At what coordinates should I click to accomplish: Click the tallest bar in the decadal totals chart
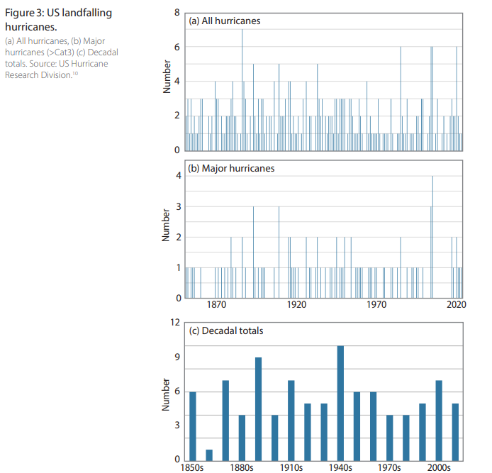(x=340, y=404)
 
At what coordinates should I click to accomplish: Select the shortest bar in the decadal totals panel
(x=209, y=455)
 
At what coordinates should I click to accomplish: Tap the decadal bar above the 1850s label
(x=193, y=426)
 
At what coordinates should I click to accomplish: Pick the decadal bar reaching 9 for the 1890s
(x=258, y=409)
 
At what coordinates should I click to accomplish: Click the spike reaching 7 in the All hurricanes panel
(x=242, y=90)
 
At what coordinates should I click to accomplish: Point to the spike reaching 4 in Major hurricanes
(x=432, y=237)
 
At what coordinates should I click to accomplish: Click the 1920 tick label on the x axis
(x=296, y=304)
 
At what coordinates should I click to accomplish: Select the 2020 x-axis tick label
(x=457, y=304)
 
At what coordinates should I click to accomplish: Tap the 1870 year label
(x=216, y=304)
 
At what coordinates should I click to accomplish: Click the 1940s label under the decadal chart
(x=340, y=467)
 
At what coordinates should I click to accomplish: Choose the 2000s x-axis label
(x=439, y=467)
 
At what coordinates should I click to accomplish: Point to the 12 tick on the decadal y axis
(x=175, y=323)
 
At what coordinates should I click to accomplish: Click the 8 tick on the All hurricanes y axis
(x=177, y=13)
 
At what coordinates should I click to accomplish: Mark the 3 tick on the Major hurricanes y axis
(x=179, y=206)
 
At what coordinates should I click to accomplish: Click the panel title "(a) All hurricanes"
(x=225, y=21)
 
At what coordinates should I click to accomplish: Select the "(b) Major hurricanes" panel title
(x=231, y=169)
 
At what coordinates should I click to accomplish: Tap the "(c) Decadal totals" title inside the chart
(x=226, y=331)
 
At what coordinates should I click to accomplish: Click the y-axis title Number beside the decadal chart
(x=165, y=394)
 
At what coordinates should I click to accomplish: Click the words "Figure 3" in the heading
(x=25, y=13)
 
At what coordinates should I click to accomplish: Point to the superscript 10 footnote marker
(x=75, y=73)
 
